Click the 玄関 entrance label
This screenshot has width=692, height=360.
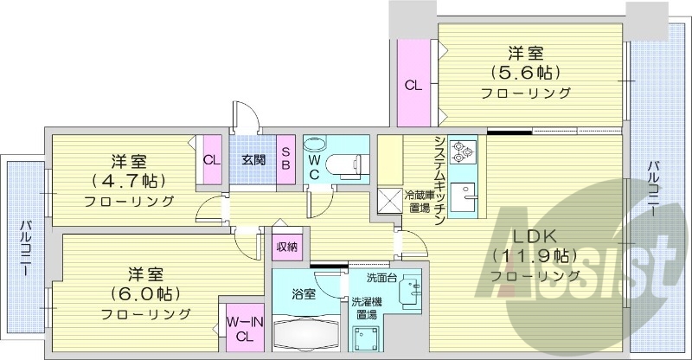253,159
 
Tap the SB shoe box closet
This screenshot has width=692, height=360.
286,159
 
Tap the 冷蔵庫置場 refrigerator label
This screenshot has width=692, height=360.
420,201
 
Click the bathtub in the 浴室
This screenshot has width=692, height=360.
305,333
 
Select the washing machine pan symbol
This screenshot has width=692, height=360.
366,338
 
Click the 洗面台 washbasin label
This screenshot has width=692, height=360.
381,278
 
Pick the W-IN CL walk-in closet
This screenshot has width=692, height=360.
245,327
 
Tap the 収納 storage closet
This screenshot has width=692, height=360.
287,245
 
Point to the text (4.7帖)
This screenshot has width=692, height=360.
128,180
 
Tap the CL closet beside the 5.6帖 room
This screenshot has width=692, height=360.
413,83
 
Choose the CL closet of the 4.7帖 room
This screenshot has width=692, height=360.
212,159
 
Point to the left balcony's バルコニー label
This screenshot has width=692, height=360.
25,247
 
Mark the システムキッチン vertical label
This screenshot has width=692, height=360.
440,181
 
